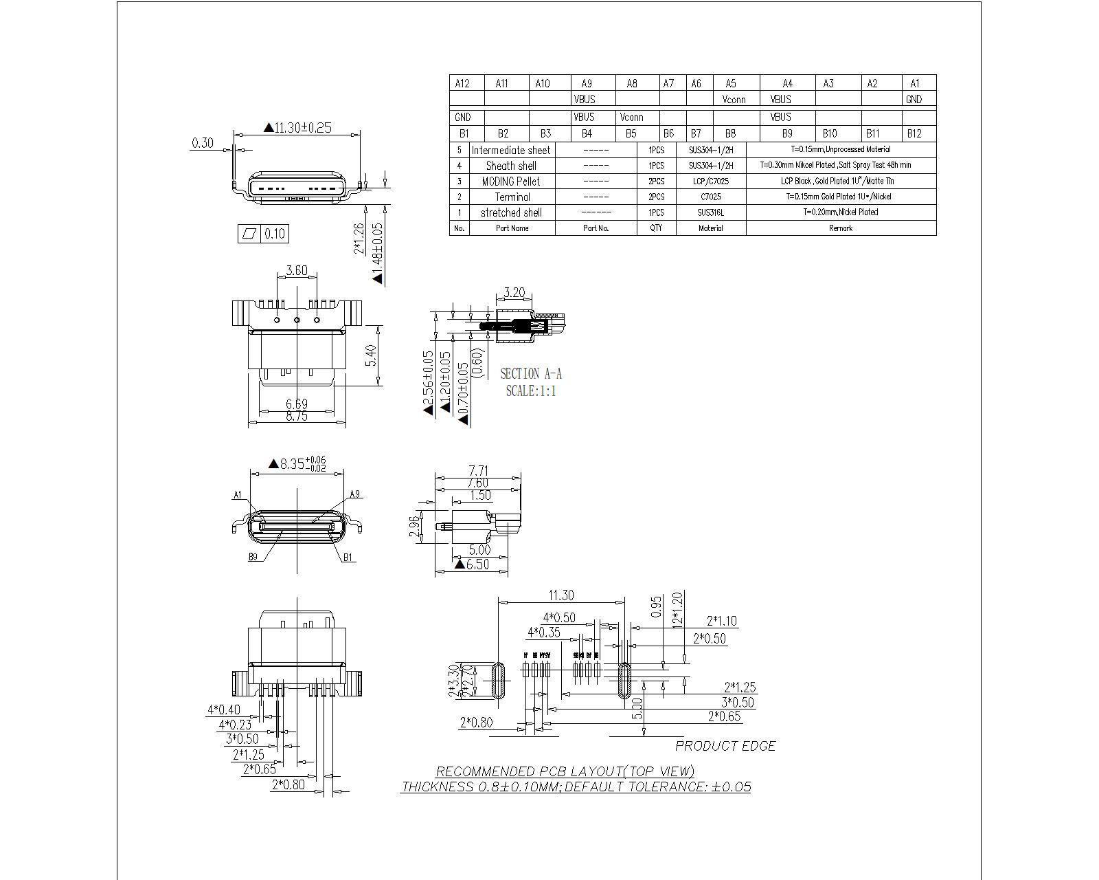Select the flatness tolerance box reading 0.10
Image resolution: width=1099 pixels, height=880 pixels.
[x=262, y=234]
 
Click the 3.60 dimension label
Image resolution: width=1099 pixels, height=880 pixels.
[x=297, y=270]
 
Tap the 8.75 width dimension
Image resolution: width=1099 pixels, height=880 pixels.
[x=297, y=417]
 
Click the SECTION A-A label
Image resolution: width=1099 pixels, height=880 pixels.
[x=530, y=374]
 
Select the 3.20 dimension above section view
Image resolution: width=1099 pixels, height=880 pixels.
[x=514, y=293]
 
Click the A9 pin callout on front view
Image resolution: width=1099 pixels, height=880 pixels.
[x=355, y=494]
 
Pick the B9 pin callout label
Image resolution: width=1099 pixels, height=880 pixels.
[x=253, y=557]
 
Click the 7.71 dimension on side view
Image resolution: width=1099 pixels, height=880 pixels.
[x=478, y=471]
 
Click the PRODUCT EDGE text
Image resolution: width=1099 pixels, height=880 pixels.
[x=725, y=746]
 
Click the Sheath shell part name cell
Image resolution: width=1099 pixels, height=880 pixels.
[x=511, y=166]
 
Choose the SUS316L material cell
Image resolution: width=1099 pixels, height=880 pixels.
[x=710, y=212]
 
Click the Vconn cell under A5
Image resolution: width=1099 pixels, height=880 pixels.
[x=734, y=100]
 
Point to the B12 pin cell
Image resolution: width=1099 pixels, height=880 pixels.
[x=914, y=134]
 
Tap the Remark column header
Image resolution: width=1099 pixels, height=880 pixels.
[x=840, y=228]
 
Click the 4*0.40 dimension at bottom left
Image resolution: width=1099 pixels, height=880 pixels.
[x=224, y=709]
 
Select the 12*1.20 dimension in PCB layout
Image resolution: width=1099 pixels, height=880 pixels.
[x=677, y=608]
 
